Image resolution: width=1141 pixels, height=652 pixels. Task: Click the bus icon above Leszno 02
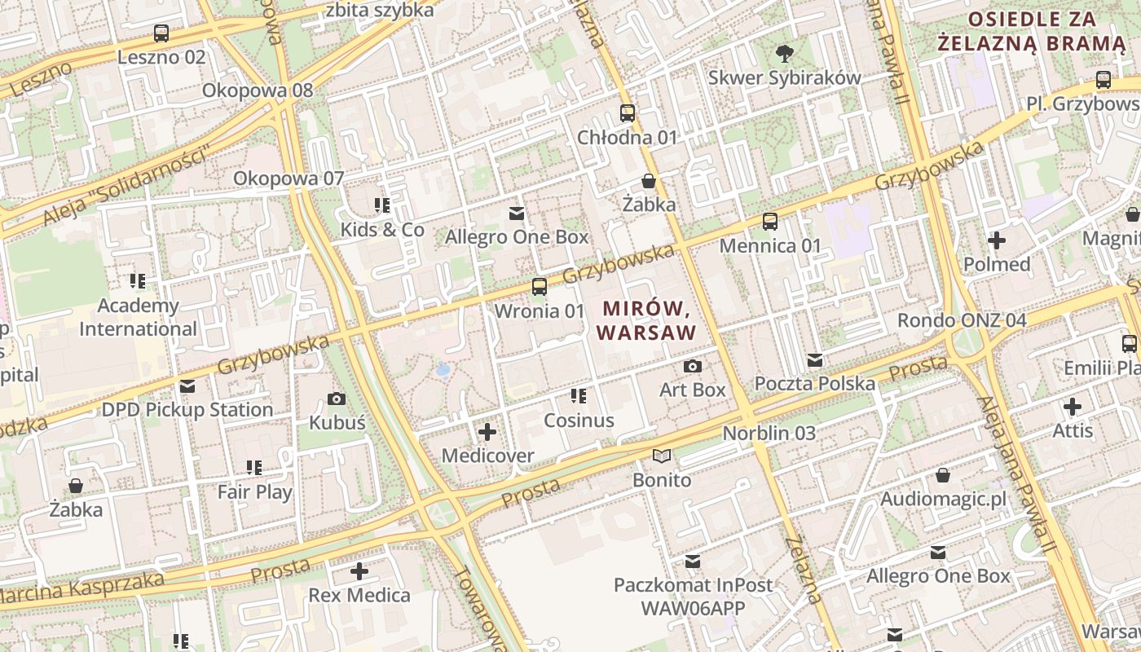point(161,33)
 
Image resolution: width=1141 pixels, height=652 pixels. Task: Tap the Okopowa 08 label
point(258,90)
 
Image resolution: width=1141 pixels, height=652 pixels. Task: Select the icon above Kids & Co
point(382,205)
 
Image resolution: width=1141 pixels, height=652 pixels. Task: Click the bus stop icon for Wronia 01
point(540,287)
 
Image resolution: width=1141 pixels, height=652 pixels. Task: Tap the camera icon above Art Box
point(693,367)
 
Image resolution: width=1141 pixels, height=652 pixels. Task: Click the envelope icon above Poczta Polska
point(815,360)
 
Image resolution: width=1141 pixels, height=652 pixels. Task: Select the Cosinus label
point(579,421)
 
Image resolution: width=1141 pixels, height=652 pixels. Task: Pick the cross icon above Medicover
point(487,432)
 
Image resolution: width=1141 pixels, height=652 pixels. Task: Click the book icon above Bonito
point(662,456)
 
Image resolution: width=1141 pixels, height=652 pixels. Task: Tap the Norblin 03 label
point(769,434)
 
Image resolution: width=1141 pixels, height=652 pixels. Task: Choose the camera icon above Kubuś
point(337,399)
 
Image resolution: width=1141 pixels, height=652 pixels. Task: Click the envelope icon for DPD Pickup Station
point(187,386)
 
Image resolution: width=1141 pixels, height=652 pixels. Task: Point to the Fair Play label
point(254,492)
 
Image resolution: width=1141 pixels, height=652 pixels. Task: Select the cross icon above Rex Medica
point(359,571)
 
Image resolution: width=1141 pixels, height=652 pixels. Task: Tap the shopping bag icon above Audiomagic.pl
point(943,475)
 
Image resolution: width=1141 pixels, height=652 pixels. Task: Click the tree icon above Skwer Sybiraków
point(785,54)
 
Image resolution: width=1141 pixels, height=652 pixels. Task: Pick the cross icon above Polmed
point(996,240)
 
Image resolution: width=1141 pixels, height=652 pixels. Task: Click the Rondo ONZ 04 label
point(962,320)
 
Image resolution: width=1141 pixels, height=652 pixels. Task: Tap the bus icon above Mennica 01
point(770,222)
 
